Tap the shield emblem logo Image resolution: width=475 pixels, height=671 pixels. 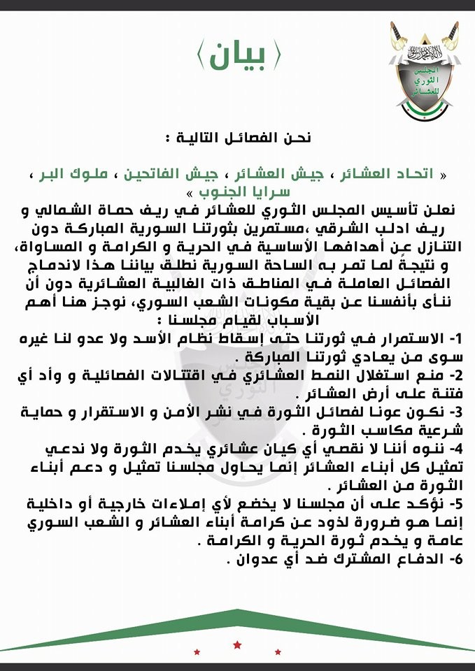425,77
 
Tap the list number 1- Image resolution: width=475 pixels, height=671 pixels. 452,341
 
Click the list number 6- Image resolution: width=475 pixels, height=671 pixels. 452,561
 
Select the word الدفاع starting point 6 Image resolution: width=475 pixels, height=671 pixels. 413,561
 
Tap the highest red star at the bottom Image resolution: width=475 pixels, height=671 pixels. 237,642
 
